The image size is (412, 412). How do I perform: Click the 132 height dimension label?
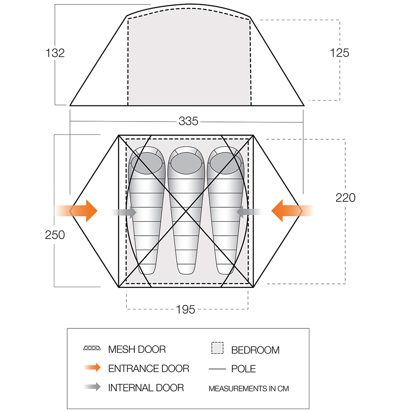pyautogui.click(x=55, y=53)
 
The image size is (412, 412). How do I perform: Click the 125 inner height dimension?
pyautogui.click(x=339, y=53)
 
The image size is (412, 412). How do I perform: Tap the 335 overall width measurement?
pyautogui.click(x=188, y=121)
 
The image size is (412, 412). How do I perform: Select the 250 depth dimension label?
pyautogui.click(x=55, y=235)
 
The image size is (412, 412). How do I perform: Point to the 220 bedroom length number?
pyautogui.click(x=346, y=198)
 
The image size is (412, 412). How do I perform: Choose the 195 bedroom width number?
pyautogui.click(x=185, y=309)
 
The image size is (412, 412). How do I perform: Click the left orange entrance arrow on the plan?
pyautogui.click(x=76, y=211)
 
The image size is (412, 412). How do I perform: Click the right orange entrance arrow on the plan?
pyautogui.click(x=293, y=211)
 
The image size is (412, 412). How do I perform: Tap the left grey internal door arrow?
pyautogui.click(x=124, y=212)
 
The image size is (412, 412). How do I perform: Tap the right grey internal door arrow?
pyautogui.click(x=249, y=212)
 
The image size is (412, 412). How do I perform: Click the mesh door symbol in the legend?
pyautogui.click(x=92, y=348)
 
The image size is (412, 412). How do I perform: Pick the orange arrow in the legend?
pyautogui.click(x=92, y=368)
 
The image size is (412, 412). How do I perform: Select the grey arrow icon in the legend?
pyautogui.click(x=92, y=386)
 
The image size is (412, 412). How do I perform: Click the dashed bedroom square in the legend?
pyautogui.click(x=217, y=348)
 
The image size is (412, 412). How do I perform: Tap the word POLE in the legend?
pyautogui.click(x=243, y=369)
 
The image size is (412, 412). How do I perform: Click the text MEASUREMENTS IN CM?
pyautogui.click(x=249, y=389)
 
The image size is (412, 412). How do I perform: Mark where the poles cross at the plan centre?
pyautogui.click(x=186, y=211)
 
